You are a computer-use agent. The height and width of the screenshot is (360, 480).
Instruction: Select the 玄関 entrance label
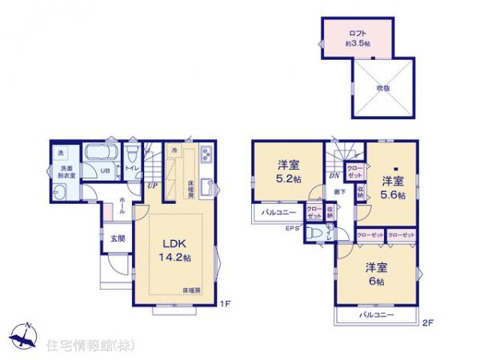(118, 238)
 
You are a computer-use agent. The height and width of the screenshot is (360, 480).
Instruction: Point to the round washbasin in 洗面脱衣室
(61, 192)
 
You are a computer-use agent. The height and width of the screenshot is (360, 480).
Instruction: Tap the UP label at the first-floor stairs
(151, 186)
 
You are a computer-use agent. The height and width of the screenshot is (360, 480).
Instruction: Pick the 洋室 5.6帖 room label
(392, 186)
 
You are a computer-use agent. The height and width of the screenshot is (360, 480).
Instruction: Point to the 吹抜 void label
(381, 88)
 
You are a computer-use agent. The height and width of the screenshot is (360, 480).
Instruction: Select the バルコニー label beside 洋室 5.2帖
(278, 213)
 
